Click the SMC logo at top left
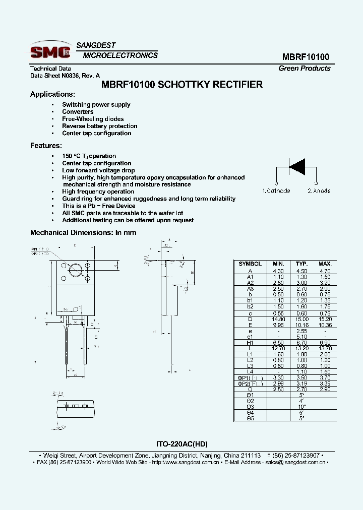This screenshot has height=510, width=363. pos(49,51)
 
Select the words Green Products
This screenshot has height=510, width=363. pos(305,69)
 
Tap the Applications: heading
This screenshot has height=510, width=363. pos(52,94)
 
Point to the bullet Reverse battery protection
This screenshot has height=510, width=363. pos(99,126)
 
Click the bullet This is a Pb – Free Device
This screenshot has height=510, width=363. pos(98,206)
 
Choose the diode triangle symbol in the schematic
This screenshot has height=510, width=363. pos(297,166)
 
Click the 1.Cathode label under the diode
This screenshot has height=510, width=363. pos(276,191)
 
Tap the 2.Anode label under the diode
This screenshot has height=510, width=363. pos(319,191)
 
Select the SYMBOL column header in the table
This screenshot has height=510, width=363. pos(250,264)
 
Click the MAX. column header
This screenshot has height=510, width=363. pos(325,264)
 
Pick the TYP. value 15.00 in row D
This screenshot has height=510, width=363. pos(301,319)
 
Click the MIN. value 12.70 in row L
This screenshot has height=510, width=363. pos(278,348)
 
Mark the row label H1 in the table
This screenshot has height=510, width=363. pos(250,342)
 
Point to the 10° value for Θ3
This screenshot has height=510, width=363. pos(301,406)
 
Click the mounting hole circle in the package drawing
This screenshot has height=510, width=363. pos(76,271)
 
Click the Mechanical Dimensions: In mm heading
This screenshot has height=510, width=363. pos(83,232)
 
